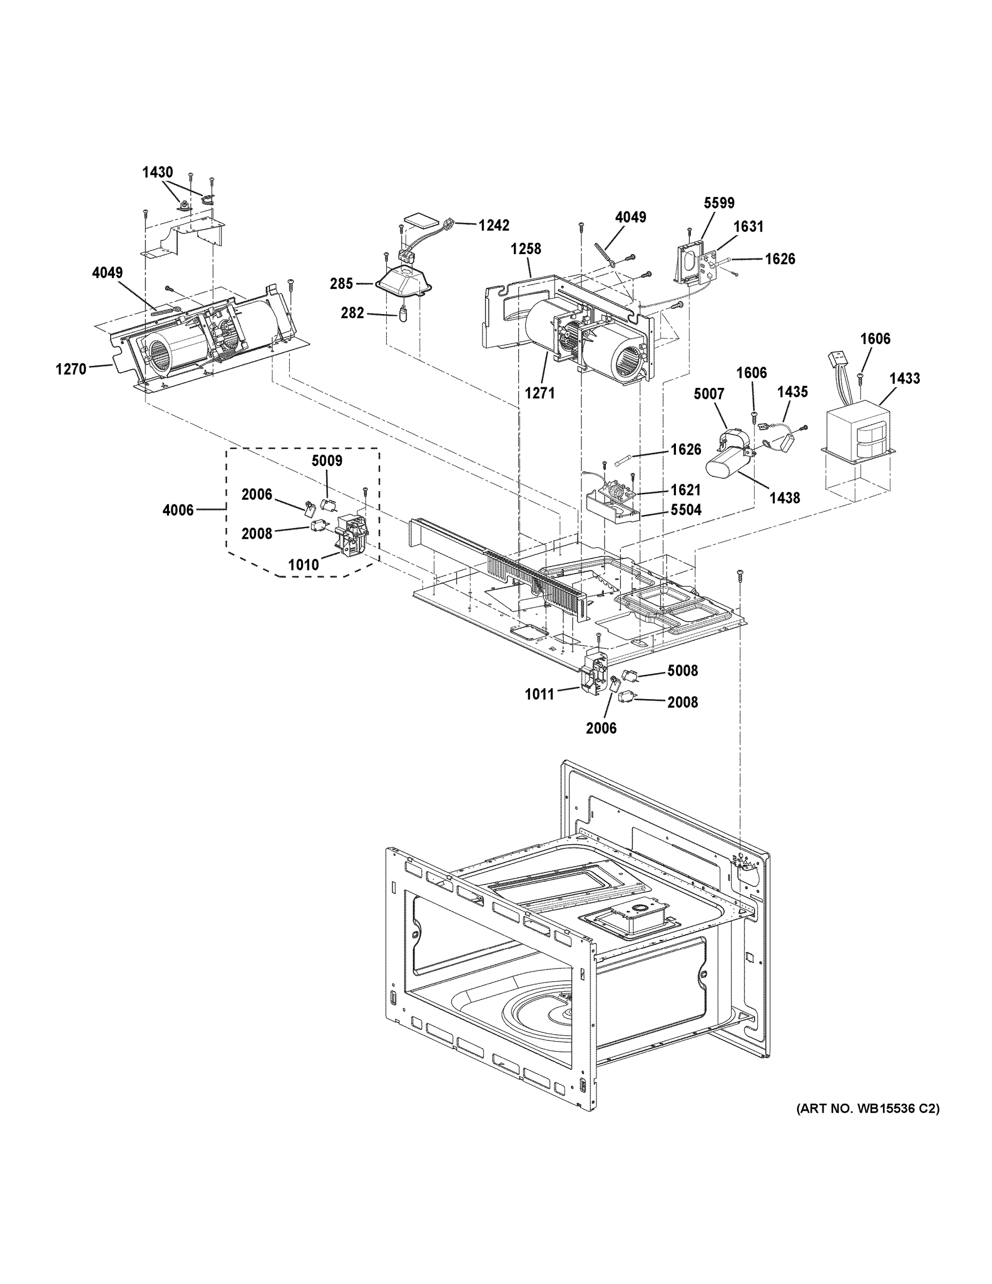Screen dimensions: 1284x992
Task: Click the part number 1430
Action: pyautogui.click(x=158, y=172)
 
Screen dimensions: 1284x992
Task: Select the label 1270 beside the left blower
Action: pyautogui.click(x=71, y=369)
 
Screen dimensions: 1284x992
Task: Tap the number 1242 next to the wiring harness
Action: pyautogui.click(x=494, y=225)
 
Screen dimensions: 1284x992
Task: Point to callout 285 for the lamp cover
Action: pyautogui.click(x=341, y=284)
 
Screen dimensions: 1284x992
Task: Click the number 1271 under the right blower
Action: pyautogui.click(x=540, y=393)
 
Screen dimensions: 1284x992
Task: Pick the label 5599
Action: pyautogui.click(x=719, y=203)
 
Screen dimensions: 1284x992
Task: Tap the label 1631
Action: pyautogui.click(x=748, y=226)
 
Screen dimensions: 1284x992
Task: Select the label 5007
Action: pyautogui.click(x=709, y=394)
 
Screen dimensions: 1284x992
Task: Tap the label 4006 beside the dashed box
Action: pyautogui.click(x=178, y=510)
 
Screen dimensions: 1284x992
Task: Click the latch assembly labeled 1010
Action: pyautogui.click(x=351, y=531)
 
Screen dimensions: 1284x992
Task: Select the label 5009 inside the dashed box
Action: pyautogui.click(x=327, y=460)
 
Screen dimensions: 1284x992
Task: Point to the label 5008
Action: pyautogui.click(x=682, y=671)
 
